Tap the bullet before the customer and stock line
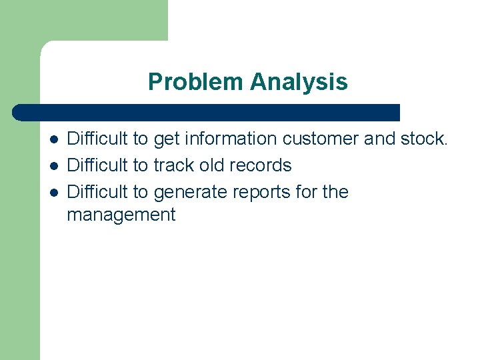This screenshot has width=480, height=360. pyautogui.click(x=53, y=140)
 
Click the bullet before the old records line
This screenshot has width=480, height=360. pyautogui.click(x=53, y=166)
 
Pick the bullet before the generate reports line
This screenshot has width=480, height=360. pyautogui.click(x=53, y=193)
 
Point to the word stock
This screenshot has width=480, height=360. pyautogui.click(x=425, y=139)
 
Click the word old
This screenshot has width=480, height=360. pyautogui.click(x=215, y=165)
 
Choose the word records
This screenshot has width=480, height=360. pyautogui.click(x=263, y=165)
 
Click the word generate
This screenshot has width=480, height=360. pyautogui.click(x=190, y=193)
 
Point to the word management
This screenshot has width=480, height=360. pyautogui.click(x=121, y=215)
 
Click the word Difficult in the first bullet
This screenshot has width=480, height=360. pyautogui.click(x=98, y=139)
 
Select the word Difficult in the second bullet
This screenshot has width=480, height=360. pyautogui.click(x=98, y=165)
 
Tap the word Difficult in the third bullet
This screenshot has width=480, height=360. pyautogui.click(x=98, y=192)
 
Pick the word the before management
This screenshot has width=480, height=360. pyautogui.click(x=335, y=192)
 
